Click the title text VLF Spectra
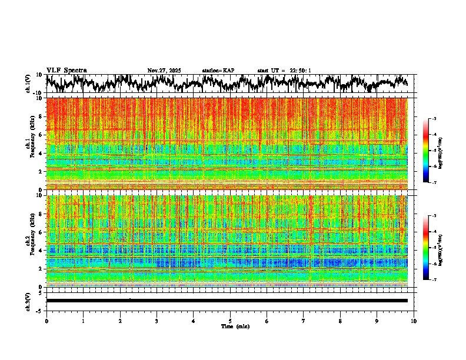pos(66,71)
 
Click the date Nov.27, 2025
pos(164,71)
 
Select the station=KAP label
pos(218,71)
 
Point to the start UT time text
pos(284,71)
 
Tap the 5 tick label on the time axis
pos(230,321)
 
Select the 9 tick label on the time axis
pos(377,321)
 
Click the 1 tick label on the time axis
pos(84,321)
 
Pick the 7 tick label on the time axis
pos(304,321)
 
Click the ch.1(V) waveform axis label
pos(29,84)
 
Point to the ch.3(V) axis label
pos(29,301)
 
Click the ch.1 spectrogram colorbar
pos(432,151)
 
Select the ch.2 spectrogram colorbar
pos(432,248)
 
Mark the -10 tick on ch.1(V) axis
pos(38,93)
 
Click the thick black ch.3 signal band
pos(227,301)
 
